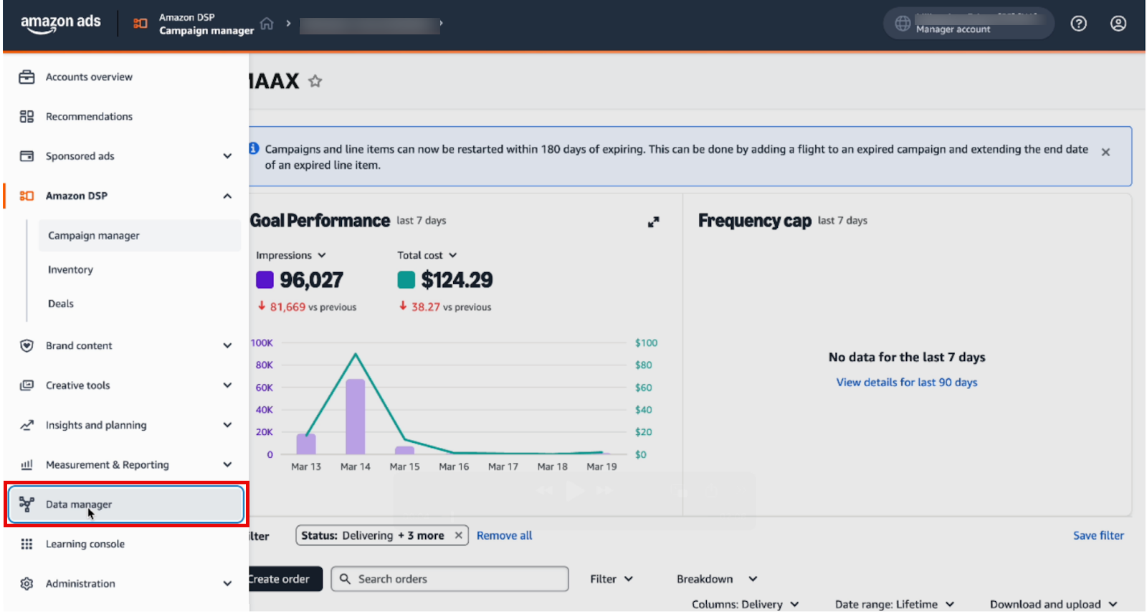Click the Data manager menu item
coord(79,504)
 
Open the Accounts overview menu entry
coord(89,77)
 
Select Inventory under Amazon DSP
coord(70,269)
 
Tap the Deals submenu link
coord(61,304)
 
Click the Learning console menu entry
coord(85,544)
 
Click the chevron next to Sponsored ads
coord(227,156)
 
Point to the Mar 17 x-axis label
coord(503,466)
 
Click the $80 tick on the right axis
coord(643,365)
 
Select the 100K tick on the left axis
coord(262,342)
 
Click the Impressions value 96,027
coord(311,280)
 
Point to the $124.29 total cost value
coord(457,280)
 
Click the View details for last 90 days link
coord(906,383)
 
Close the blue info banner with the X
coord(1105,152)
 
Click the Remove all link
coord(504,535)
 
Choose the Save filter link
coord(1098,535)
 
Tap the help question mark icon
coord(1078,24)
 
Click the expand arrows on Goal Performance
coord(653,222)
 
